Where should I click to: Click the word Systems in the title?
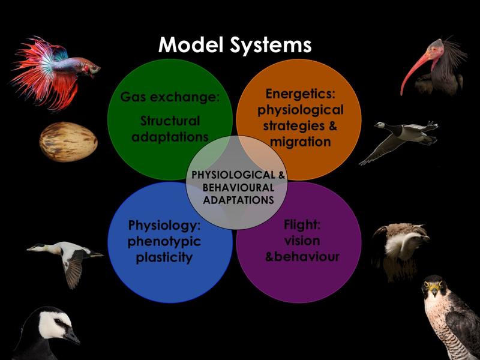pos(271,46)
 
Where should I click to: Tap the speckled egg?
pos(68,142)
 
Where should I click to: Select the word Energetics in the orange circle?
pos(301,94)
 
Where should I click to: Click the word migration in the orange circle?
pos(301,142)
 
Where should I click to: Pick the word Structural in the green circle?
pos(170,121)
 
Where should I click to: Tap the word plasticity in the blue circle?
pos(164,258)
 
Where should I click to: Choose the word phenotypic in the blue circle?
pos(164,242)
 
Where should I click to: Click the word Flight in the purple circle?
pos(302,224)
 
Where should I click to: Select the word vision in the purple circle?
pos(302,241)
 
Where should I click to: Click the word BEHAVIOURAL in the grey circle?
pos(238,187)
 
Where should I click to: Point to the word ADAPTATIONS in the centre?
pos(238,200)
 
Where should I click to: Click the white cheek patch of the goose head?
pos(53,325)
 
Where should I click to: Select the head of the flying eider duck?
pos(37,247)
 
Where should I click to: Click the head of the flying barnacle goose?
pos(380,125)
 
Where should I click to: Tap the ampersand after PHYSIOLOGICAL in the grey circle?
pos(281,175)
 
